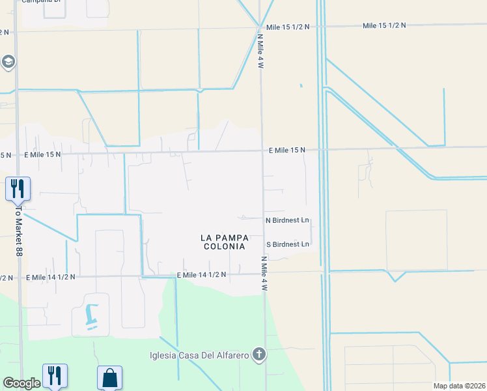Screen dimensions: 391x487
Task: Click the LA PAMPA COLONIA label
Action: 223,242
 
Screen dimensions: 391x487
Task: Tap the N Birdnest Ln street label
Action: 287,220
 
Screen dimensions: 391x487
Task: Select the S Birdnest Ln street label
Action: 287,244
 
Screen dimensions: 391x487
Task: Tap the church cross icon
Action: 259,355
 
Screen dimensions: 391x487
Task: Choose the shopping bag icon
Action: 109,377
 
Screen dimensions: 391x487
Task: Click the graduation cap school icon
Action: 8,62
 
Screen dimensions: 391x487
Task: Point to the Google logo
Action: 21,383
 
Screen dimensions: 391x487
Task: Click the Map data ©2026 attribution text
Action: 459,386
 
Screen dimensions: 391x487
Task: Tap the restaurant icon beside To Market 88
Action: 17,188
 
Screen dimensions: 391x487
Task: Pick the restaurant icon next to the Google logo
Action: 55,375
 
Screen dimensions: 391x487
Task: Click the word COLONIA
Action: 223,247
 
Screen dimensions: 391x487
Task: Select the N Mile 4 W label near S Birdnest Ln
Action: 265,273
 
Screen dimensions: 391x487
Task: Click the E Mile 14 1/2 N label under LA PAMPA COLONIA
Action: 201,275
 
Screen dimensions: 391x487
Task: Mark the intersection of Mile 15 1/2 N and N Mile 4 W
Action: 261,27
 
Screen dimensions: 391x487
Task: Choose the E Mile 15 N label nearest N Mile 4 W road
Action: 287,150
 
